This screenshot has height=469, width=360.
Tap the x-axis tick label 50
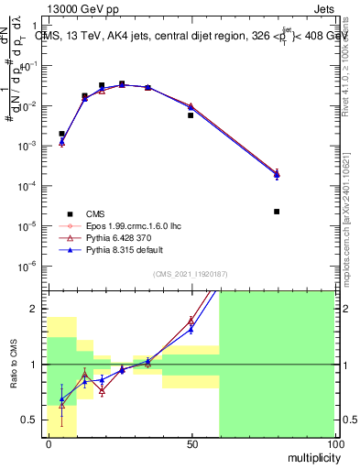pos(191,443)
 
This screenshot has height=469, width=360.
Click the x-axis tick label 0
pos(48,443)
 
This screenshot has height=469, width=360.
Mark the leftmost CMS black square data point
pos(61,134)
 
